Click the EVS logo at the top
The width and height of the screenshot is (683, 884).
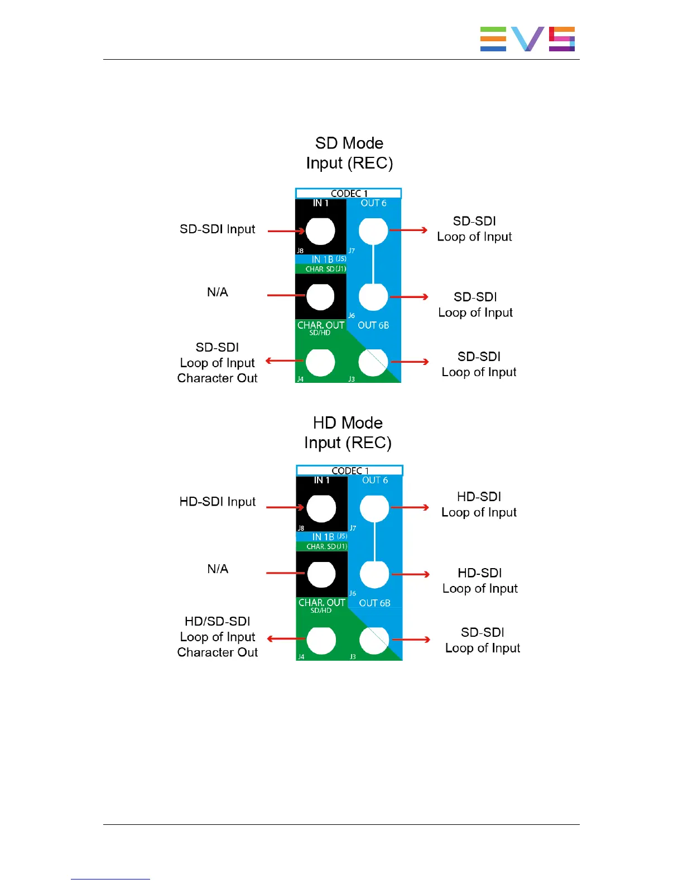pyautogui.click(x=527, y=39)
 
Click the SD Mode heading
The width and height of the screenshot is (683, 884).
pyautogui.click(x=349, y=143)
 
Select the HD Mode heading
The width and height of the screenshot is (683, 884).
pyautogui.click(x=348, y=423)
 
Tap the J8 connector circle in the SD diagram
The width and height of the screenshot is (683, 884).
pyautogui.click(x=320, y=230)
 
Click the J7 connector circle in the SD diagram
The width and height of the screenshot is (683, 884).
pyautogui.click(x=373, y=230)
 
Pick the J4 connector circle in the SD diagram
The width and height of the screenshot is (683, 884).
pyautogui.click(x=320, y=362)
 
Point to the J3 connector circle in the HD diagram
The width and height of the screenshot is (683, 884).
pyautogui.click(x=374, y=640)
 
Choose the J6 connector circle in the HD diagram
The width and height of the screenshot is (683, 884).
pyautogui.click(x=374, y=574)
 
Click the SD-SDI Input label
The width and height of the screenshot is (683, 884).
pyautogui.click(x=218, y=229)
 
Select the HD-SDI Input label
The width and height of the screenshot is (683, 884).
pyautogui.click(x=218, y=502)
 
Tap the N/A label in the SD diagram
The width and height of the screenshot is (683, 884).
pyautogui.click(x=218, y=292)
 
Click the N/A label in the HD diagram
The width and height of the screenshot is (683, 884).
pyautogui.click(x=218, y=569)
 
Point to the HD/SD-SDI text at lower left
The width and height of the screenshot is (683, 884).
pyautogui.click(x=218, y=622)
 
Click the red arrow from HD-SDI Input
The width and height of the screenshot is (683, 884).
pyautogui.click(x=285, y=507)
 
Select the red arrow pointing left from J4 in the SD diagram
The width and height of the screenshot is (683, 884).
pyautogui.click(x=285, y=361)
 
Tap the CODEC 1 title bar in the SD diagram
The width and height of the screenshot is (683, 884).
pyautogui.click(x=349, y=194)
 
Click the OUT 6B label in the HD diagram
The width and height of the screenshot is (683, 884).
pyautogui.click(x=374, y=603)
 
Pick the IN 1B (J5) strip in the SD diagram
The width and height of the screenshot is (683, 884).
pyautogui.click(x=321, y=260)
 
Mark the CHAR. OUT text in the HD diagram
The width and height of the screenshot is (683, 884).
pyautogui.click(x=322, y=603)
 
